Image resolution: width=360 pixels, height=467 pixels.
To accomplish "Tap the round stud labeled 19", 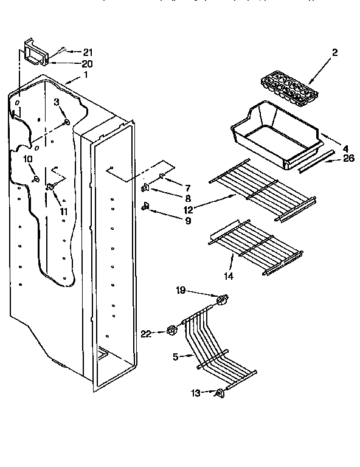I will [223, 300].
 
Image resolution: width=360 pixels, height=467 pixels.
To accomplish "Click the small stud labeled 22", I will [171, 331].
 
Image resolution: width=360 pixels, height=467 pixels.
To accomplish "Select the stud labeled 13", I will [218, 393].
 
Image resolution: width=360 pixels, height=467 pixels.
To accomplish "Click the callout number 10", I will [28, 159].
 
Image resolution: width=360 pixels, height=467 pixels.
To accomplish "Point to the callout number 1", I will [86, 75].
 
